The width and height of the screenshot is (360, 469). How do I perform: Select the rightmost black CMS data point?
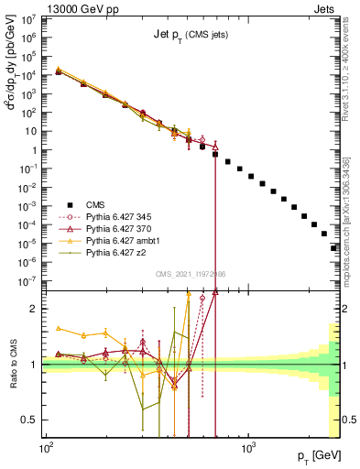[x=334, y=247]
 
